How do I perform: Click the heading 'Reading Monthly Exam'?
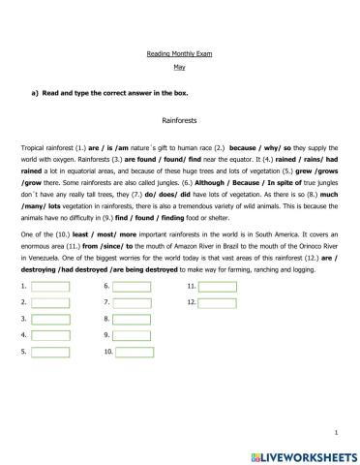click(x=178, y=54)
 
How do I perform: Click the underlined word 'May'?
click(x=178, y=67)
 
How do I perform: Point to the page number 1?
click(x=334, y=431)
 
